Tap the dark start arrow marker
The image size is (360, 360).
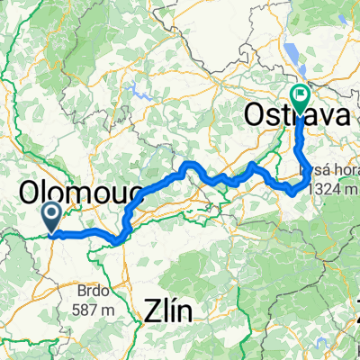point(50,216)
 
